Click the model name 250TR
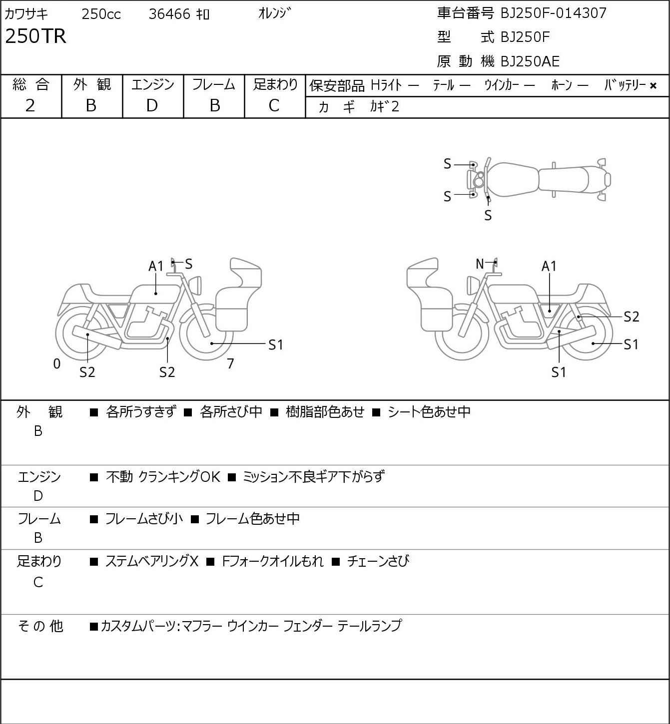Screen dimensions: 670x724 click(x=36, y=36)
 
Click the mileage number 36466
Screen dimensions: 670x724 click(x=169, y=14)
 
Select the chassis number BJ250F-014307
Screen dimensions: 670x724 click(x=553, y=13)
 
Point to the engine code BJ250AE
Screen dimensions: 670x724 click(x=530, y=61)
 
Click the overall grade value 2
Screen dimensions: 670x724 click(x=30, y=105)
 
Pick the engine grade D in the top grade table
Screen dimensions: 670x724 click(x=152, y=105)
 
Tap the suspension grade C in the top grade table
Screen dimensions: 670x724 click(x=274, y=105)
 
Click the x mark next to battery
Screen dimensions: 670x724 click(x=653, y=86)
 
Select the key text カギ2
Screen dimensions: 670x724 click(x=385, y=106)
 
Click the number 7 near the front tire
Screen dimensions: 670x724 click(x=230, y=363)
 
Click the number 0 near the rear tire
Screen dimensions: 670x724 click(x=57, y=363)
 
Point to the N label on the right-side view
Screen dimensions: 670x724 click(x=480, y=264)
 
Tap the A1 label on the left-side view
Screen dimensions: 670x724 click(x=156, y=266)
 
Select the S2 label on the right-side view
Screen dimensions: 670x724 click(x=632, y=317)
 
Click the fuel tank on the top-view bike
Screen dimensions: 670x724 click(x=513, y=179)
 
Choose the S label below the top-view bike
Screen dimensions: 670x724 click(x=488, y=216)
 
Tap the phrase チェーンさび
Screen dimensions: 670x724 click(x=378, y=561)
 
